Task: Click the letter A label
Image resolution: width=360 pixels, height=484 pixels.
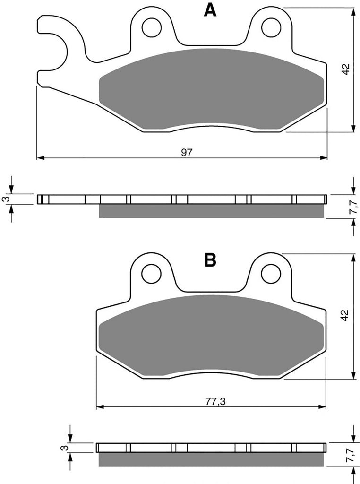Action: pyautogui.click(x=210, y=10)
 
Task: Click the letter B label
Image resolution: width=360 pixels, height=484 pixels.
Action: pyautogui.click(x=210, y=260)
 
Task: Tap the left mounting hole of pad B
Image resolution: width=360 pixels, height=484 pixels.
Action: pyautogui.click(x=152, y=273)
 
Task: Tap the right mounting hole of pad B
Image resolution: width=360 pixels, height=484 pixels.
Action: pyautogui.click(x=271, y=273)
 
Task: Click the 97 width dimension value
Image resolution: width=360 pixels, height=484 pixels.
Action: pyautogui.click(x=187, y=152)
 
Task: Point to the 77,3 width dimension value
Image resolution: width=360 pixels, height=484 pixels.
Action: pyautogui.click(x=215, y=401)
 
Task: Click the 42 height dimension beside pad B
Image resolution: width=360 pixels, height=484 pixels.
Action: pyautogui.click(x=345, y=315)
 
